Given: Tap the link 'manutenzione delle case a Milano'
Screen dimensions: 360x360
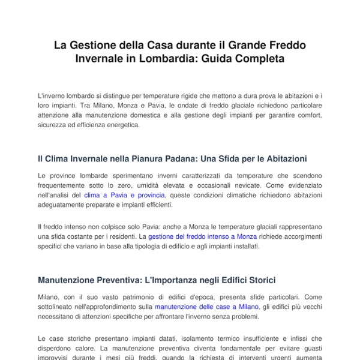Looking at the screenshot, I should tap(206, 306).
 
